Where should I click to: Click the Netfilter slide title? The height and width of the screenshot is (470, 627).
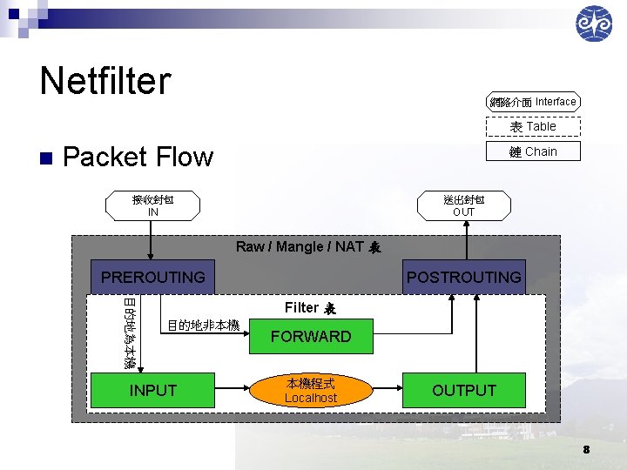click(105, 81)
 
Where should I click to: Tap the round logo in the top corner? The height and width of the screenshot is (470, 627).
click(594, 23)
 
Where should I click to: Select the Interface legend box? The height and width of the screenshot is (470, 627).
click(533, 102)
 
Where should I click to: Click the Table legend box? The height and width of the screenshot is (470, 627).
click(533, 126)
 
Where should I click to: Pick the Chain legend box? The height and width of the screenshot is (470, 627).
click(533, 151)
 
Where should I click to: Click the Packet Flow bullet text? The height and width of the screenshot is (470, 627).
click(138, 157)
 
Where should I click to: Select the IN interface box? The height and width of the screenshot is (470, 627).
click(153, 205)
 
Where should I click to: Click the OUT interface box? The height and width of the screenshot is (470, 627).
click(463, 205)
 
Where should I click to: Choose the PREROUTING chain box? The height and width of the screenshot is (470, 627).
click(153, 277)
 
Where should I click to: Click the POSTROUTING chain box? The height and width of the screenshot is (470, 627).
click(464, 277)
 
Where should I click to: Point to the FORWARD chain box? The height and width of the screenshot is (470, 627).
click(311, 336)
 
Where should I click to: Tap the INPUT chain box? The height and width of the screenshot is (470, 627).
click(153, 391)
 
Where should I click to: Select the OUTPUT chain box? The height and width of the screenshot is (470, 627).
click(464, 391)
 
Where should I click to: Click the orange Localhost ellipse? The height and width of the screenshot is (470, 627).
click(311, 391)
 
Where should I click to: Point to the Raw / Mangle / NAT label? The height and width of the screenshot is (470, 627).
click(308, 247)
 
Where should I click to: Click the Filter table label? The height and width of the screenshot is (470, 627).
click(310, 307)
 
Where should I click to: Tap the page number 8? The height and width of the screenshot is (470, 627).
click(587, 449)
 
